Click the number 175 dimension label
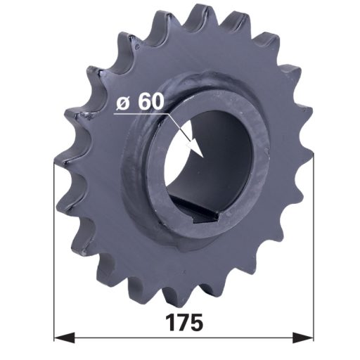(x=184, y=323)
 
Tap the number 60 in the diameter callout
(x=150, y=101)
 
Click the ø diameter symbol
(x=123, y=103)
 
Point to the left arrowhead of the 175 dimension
(x=65, y=337)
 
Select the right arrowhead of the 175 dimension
(x=303, y=337)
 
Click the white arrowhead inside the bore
(x=195, y=148)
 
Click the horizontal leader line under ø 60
(x=141, y=114)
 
